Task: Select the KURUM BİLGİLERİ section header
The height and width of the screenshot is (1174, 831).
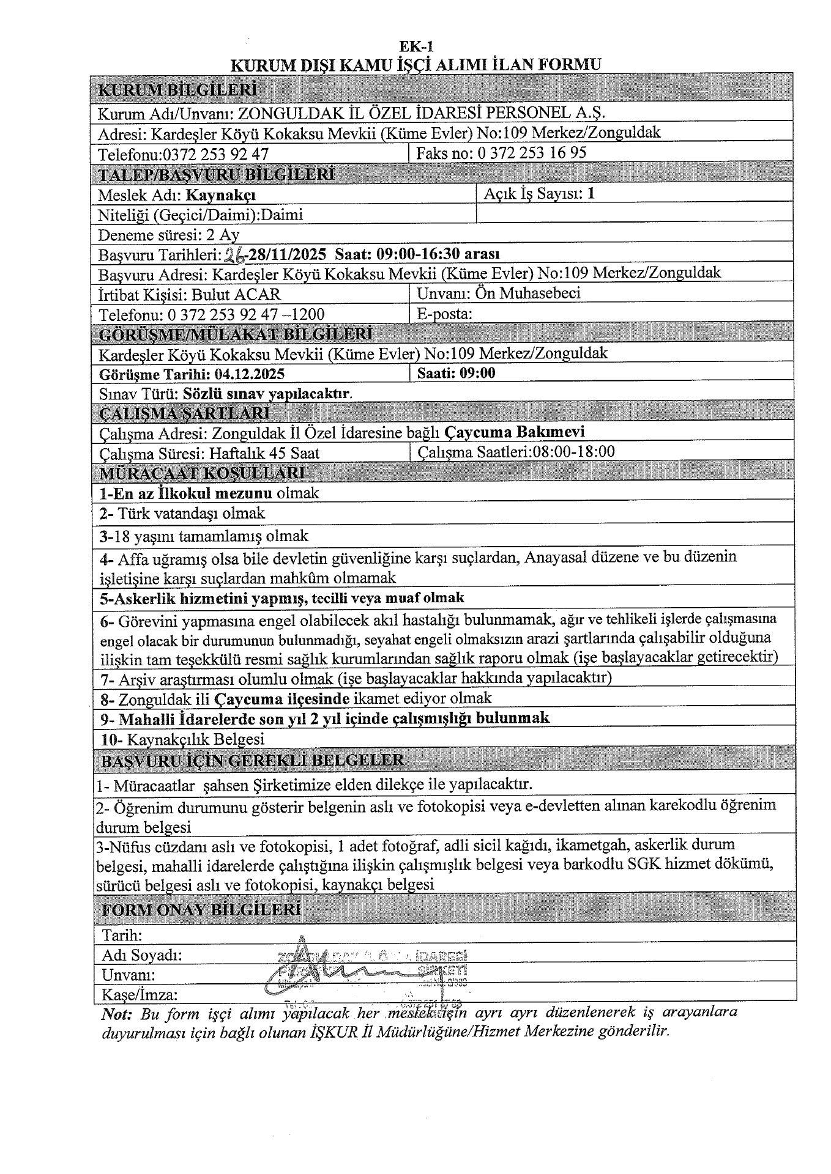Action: (177, 90)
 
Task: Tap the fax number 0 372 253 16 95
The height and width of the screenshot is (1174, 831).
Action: (531, 153)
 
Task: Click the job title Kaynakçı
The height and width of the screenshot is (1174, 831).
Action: (221, 195)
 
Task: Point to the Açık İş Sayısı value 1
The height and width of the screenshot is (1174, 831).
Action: (591, 194)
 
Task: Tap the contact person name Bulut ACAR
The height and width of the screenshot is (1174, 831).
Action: (236, 294)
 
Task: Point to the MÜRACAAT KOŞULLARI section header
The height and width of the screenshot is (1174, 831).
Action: (202, 473)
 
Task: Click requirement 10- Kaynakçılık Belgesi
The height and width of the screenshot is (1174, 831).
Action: (183, 739)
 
